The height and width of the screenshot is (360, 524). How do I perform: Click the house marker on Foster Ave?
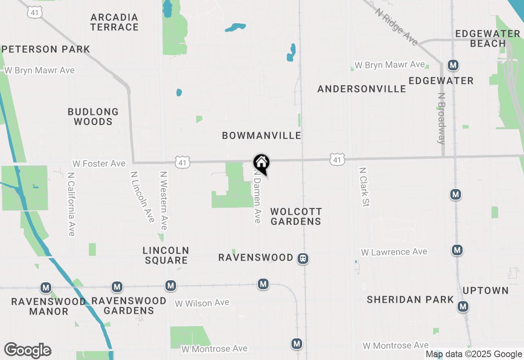pos(262,163)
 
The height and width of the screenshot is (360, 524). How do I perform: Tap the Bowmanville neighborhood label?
pos(262,135)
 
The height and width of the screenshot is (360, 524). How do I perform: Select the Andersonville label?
pos(361,89)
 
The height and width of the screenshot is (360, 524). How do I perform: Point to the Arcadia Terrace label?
pos(115,22)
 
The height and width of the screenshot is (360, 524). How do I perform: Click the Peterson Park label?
pos(45,49)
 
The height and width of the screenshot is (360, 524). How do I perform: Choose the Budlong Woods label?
pos(93,117)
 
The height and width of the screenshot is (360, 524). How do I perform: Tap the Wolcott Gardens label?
pos(296,216)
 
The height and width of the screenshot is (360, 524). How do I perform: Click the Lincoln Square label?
pos(166,255)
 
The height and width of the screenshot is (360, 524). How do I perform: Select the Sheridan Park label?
pos(410,299)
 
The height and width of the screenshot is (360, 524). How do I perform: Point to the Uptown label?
pos(486,290)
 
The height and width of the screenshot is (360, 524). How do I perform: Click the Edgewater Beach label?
pos(488,38)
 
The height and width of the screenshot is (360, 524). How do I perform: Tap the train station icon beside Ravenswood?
pos(303,259)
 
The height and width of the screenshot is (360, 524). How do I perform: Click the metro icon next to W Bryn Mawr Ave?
pos(453,65)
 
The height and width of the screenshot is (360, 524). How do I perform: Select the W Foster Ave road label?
pos(99,164)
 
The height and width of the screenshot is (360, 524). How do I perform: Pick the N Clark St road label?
pos(364,187)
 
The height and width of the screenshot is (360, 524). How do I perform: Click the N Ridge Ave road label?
pos(396,27)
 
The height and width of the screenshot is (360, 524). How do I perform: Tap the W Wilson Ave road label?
pos(202,303)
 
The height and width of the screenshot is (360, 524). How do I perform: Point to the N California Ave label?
pos(71,204)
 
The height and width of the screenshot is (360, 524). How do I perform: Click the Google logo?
pos(27,350)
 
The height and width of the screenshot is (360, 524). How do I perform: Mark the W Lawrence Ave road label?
pos(394,252)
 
